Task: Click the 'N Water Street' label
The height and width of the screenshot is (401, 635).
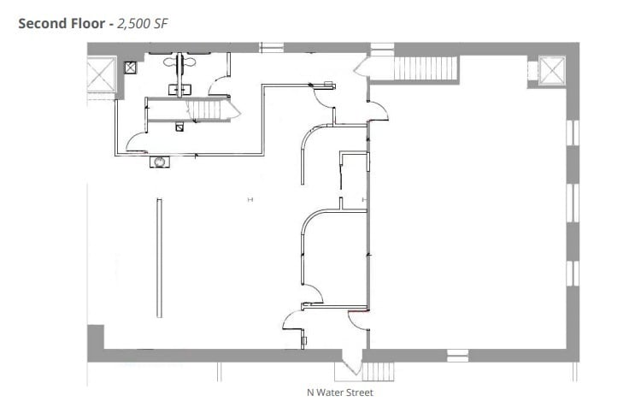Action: coord(340,393)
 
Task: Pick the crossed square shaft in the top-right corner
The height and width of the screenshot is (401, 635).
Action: coord(551,71)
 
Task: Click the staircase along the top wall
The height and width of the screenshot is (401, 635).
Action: coord(424,67)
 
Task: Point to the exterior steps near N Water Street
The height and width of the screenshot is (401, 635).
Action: coord(377,371)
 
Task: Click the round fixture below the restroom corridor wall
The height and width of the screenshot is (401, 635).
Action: coord(159,160)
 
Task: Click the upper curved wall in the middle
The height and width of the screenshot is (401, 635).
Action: coord(306,152)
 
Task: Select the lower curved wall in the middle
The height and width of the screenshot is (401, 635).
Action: coord(308,244)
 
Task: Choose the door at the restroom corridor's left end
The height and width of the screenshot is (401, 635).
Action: coord(137,143)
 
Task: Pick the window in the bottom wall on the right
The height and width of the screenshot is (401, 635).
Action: coord(457,353)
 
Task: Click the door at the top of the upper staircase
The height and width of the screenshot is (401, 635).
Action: coord(378,68)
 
